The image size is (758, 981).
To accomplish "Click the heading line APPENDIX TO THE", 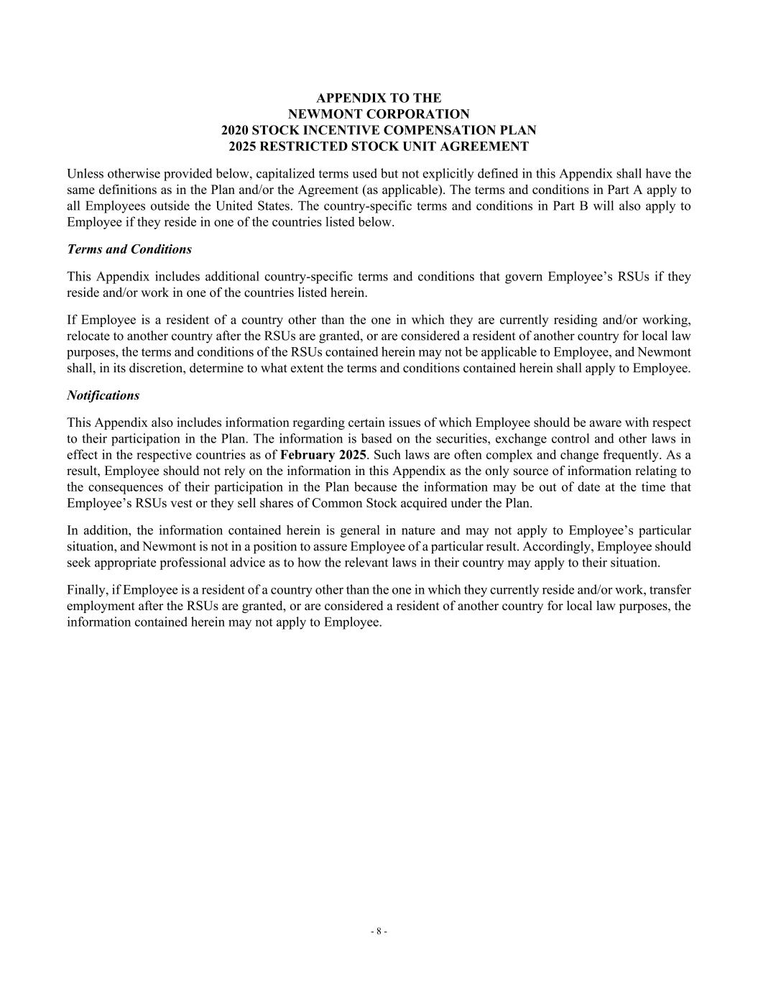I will tap(379, 98).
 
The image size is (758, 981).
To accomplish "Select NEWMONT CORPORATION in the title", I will tap(379, 114).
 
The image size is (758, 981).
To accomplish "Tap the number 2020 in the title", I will tap(235, 130).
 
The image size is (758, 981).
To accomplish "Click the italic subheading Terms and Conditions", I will tap(129, 249).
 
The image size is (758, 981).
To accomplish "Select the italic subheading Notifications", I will tap(103, 395).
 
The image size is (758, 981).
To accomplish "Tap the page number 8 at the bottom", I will tap(379, 931).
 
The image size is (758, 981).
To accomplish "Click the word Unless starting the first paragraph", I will tap(85, 174).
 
